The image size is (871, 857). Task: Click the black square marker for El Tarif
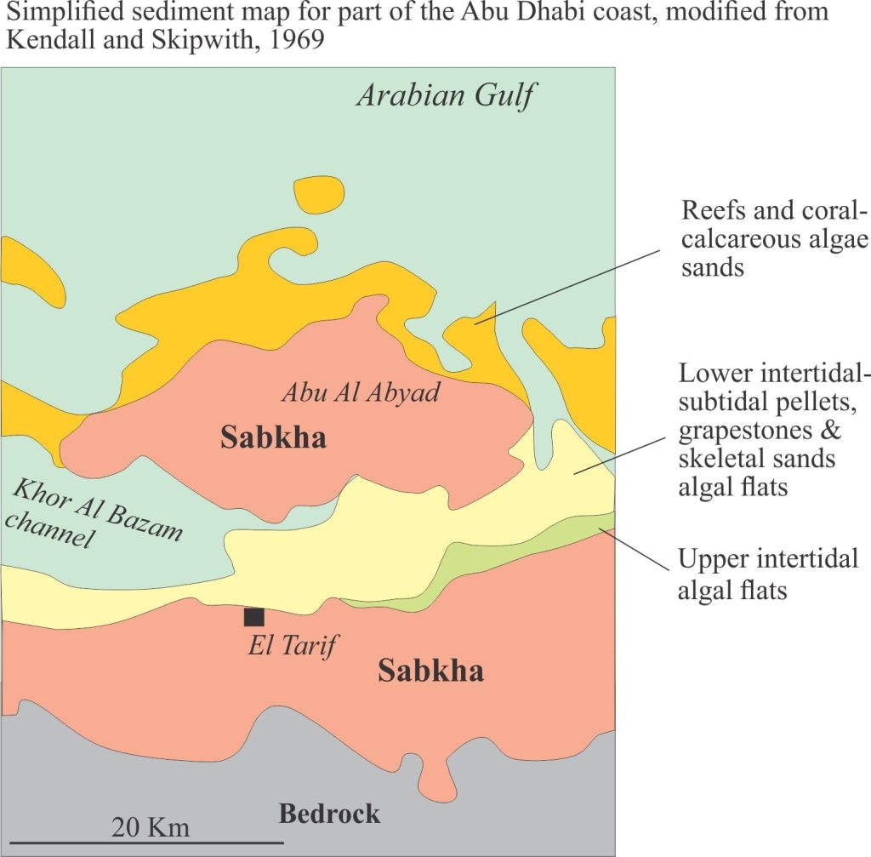pos(253,617)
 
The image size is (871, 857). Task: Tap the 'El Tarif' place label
pos(289,645)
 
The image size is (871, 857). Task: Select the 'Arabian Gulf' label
pos(446,95)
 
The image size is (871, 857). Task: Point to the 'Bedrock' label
pos(329,814)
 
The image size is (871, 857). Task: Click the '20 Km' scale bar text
pos(151,826)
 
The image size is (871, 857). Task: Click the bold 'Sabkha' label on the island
pos(273,438)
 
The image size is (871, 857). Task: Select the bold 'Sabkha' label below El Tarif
pos(430,671)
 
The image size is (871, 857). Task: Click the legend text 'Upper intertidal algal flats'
pos(768,574)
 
